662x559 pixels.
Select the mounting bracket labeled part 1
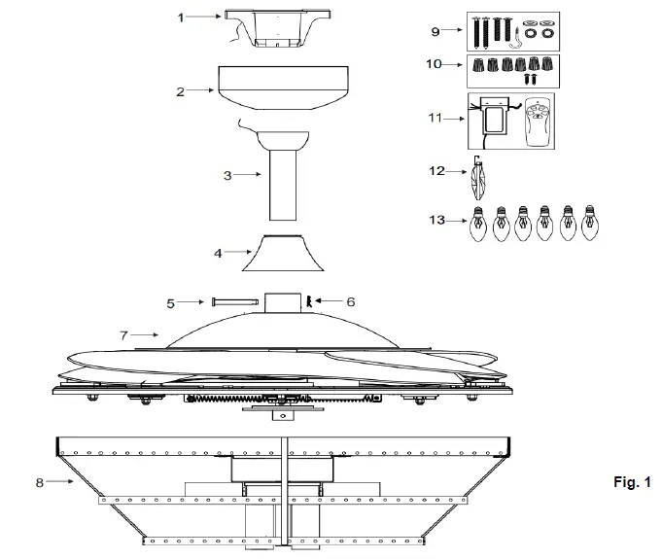(x=264, y=27)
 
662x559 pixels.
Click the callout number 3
(x=228, y=175)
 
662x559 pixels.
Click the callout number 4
(x=220, y=253)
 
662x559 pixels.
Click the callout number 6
(x=351, y=302)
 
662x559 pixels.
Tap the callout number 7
(x=123, y=334)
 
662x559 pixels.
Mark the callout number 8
(x=40, y=480)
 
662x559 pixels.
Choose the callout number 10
(x=435, y=64)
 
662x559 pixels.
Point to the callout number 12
(x=436, y=171)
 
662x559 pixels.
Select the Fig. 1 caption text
(x=633, y=482)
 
